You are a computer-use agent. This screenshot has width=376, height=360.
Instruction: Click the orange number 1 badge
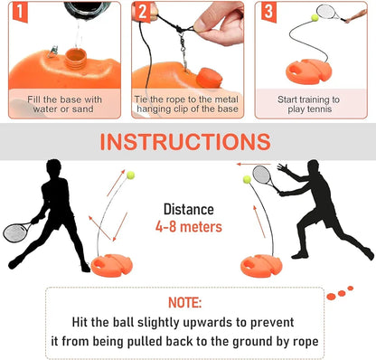point(15,12)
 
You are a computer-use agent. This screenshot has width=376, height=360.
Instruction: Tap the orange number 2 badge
point(142,12)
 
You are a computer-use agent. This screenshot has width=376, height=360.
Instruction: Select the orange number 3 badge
point(268,12)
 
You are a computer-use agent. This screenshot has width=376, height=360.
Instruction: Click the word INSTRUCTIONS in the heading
point(185,143)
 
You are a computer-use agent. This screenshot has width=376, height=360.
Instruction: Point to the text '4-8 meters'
point(188,227)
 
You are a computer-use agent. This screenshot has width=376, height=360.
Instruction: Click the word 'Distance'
point(188,209)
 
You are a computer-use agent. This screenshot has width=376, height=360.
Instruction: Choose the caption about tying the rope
point(187,104)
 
